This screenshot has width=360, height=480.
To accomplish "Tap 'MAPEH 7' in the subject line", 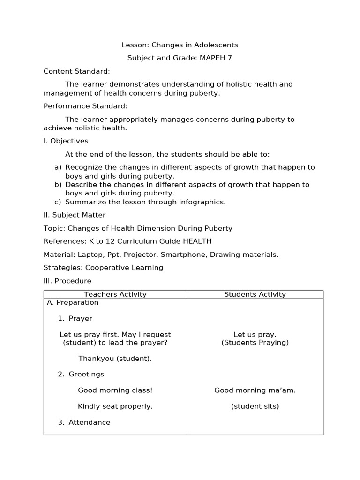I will [216, 58].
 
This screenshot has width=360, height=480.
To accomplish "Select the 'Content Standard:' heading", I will [77, 71].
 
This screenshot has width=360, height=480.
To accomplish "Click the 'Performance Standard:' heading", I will [85, 106].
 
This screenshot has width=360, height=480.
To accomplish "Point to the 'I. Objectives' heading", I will [66, 141].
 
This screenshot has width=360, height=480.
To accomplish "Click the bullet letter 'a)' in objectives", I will [58, 167].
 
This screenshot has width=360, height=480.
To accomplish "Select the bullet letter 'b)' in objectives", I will [58, 185].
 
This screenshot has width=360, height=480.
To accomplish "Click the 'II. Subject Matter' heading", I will [75, 215].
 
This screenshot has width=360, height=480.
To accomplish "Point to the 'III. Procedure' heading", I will [67, 281].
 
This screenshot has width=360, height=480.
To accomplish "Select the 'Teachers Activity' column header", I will [115, 294].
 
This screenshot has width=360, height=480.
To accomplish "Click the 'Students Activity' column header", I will [255, 294].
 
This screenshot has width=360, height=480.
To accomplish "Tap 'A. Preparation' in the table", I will [73, 303].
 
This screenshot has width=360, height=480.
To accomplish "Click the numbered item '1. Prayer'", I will [75, 319].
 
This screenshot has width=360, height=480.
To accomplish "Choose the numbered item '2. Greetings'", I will [81, 375].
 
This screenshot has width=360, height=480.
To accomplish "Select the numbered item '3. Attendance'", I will [84, 422].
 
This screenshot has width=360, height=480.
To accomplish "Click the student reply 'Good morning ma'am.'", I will [255, 390].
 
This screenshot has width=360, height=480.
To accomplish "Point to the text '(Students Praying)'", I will [255, 343].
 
